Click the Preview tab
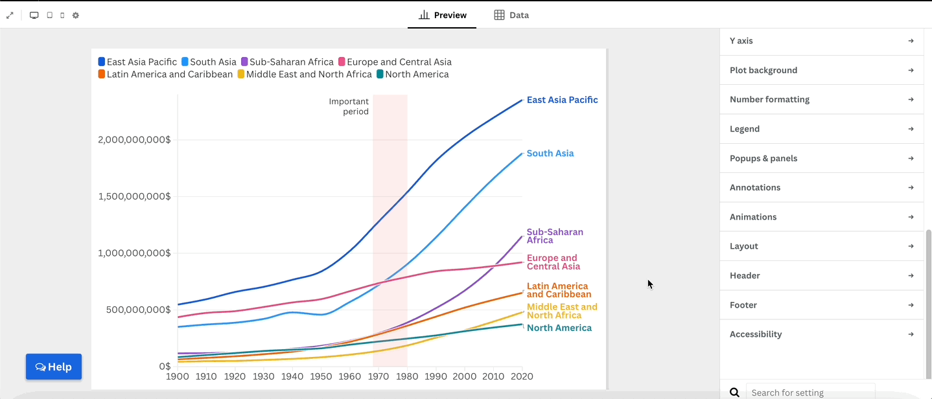pyautogui.click(x=443, y=15)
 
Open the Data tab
pyautogui.click(x=511, y=15)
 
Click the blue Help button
pyautogui.click(x=54, y=367)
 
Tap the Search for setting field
pyautogui.click(x=810, y=393)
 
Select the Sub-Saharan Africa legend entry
pyautogui.click(x=287, y=62)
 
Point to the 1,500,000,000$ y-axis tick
pyautogui.click(x=134, y=196)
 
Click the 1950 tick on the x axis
pyautogui.click(x=321, y=376)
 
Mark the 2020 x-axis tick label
pyautogui.click(x=522, y=376)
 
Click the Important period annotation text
pyautogui.click(x=349, y=106)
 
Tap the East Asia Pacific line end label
pyautogui.click(x=562, y=100)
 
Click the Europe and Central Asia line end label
pyautogui.click(x=553, y=262)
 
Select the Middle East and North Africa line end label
pyautogui.click(x=561, y=311)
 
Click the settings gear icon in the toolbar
pyautogui.click(x=76, y=15)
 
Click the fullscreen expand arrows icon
pyautogui.click(x=10, y=15)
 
